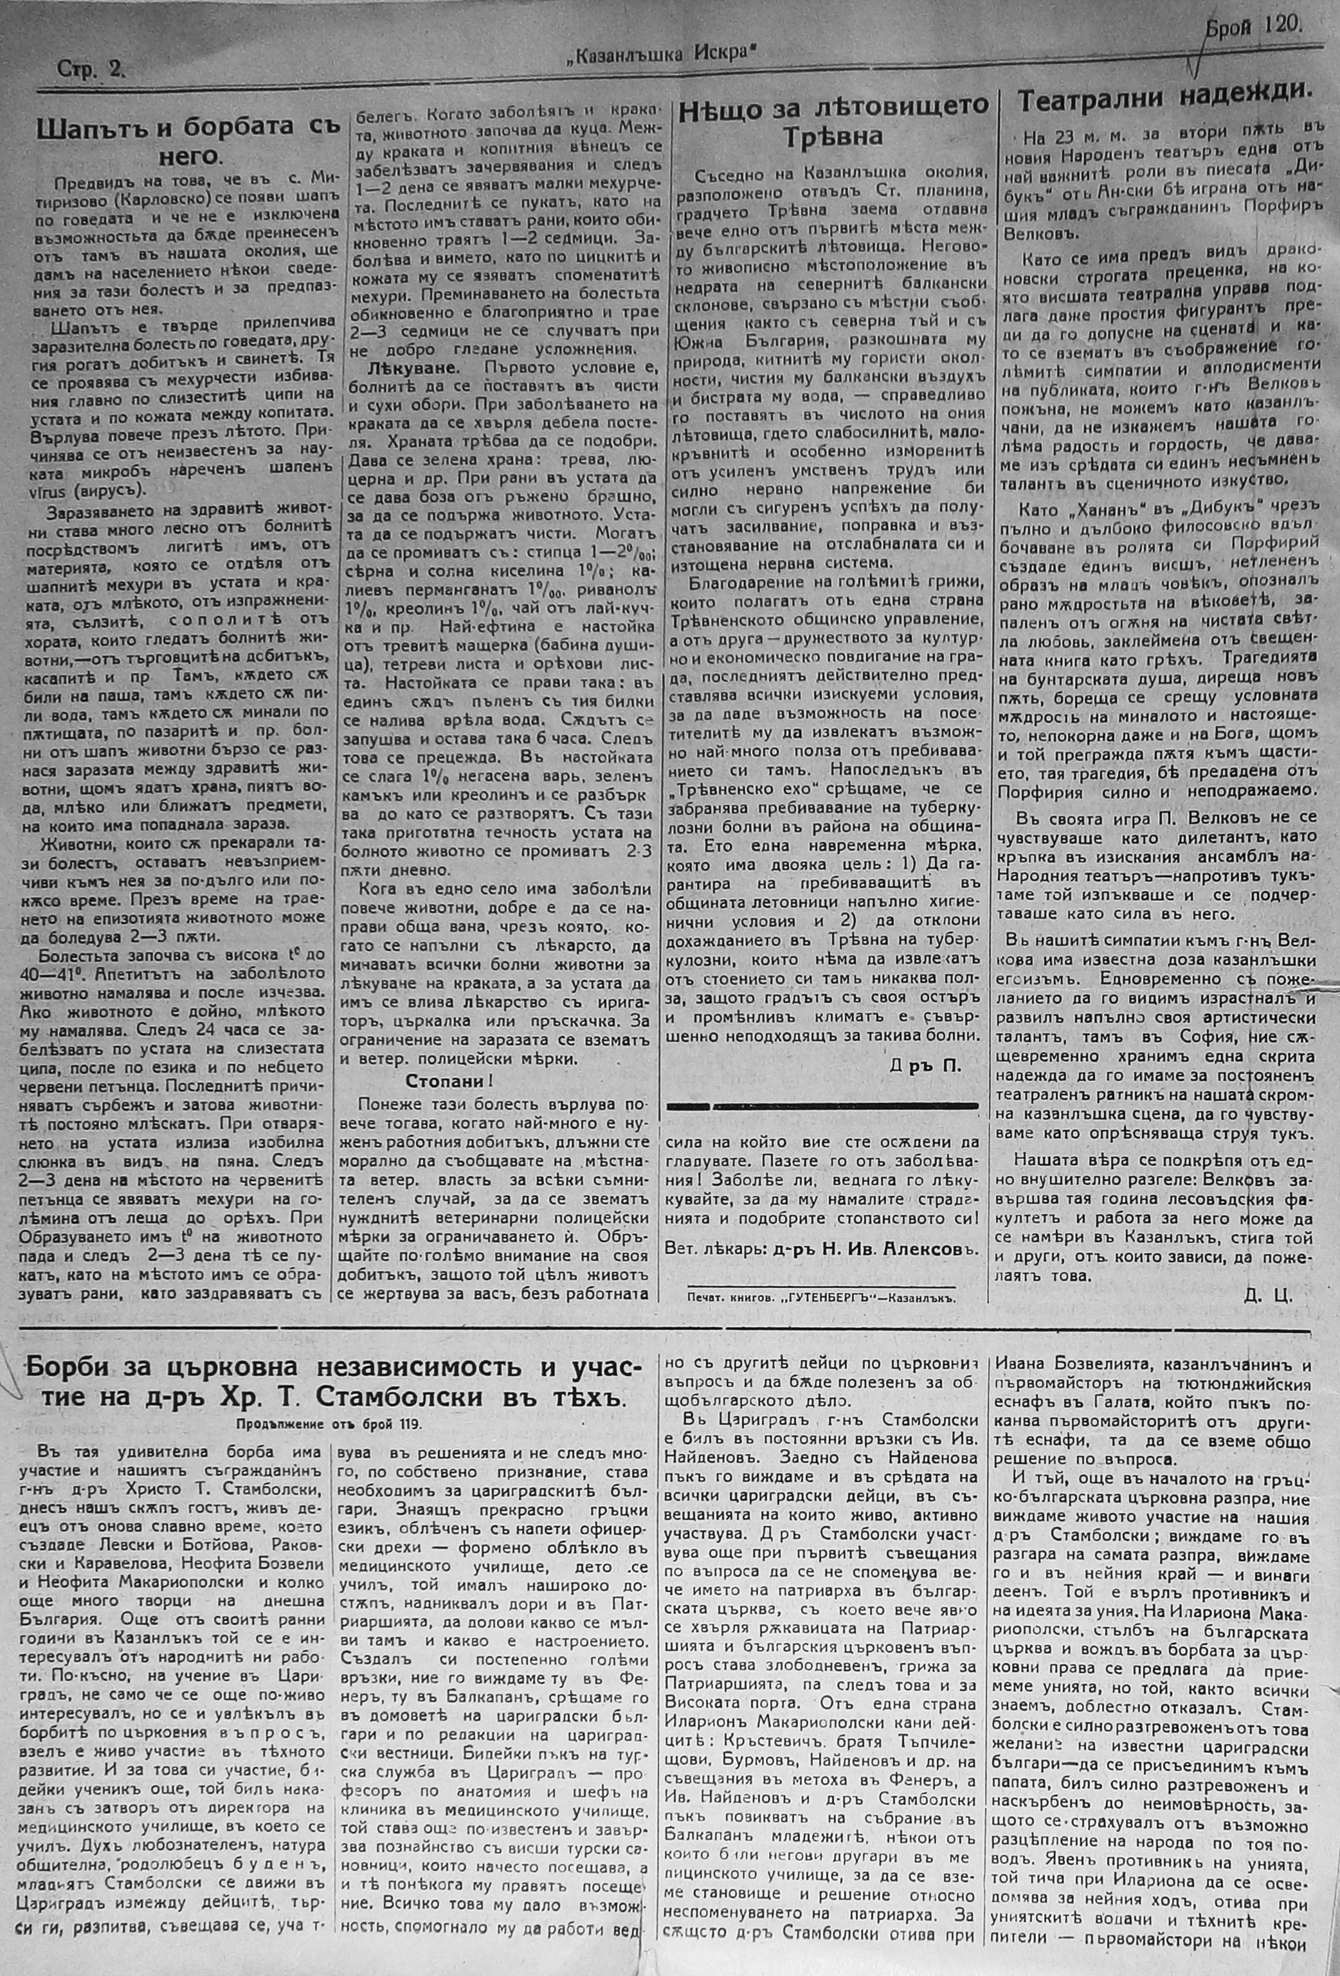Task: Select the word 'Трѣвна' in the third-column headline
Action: (x=833, y=136)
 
